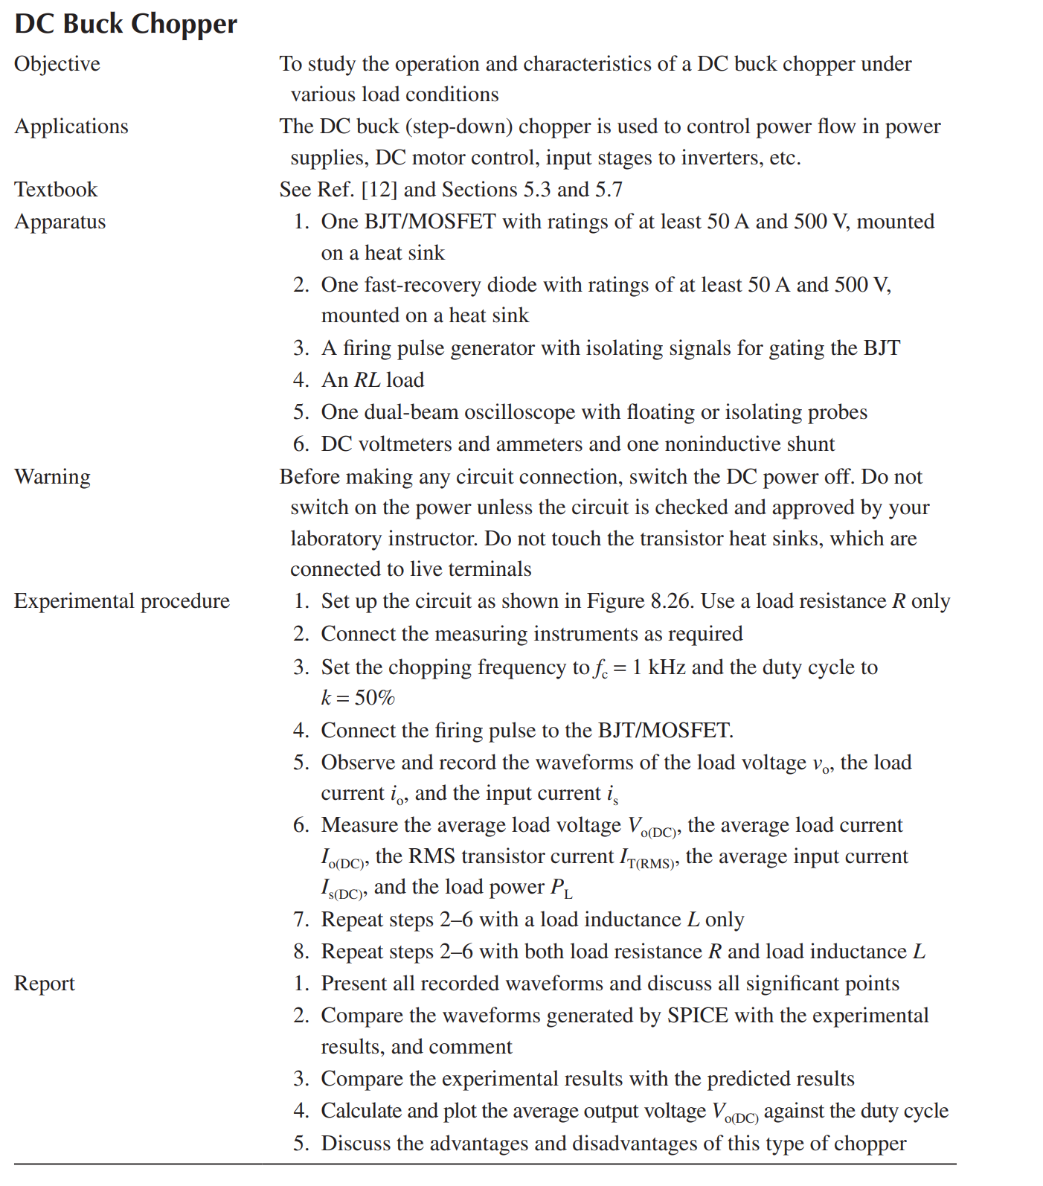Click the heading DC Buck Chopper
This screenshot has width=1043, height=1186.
[x=126, y=24]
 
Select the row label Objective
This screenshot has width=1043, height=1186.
[x=57, y=64]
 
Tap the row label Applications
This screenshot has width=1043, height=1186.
[x=71, y=126]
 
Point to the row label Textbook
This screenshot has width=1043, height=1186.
[x=56, y=190]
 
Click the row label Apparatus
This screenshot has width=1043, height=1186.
[x=60, y=222]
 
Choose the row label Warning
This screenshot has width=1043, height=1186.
[x=52, y=477]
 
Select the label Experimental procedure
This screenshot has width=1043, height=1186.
[x=122, y=601]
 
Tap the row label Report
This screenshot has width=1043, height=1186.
[x=45, y=984]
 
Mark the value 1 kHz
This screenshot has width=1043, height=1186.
[x=658, y=667]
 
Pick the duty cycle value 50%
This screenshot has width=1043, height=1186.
[x=374, y=698]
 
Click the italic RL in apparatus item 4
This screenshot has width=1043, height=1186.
[x=367, y=380]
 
